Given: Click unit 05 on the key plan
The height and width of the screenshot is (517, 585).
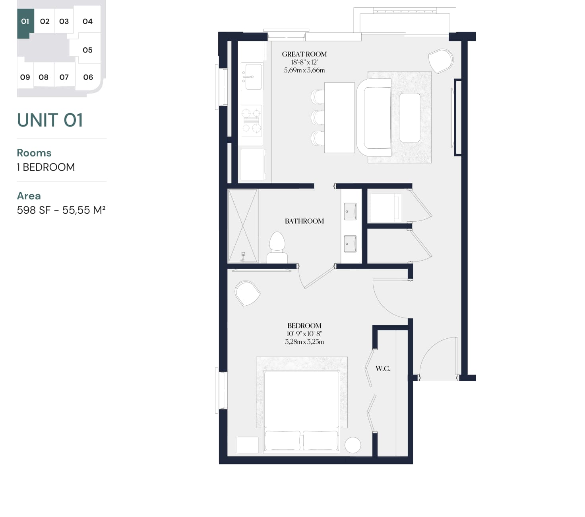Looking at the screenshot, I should tap(87, 50).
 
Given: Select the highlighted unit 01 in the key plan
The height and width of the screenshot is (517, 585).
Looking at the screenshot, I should tap(25, 21).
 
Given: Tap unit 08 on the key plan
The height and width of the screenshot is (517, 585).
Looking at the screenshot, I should tap(44, 77).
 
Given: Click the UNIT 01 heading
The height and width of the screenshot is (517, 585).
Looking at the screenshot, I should tap(50, 120).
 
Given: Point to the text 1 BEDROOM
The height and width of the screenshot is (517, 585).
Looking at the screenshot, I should tap(46, 167).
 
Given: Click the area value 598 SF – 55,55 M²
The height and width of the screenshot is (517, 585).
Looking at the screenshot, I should tap(61, 210).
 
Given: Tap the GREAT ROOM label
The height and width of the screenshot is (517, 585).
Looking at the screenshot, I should tap(304, 54).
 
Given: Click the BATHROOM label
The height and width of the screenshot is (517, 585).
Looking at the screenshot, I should tap(304, 221).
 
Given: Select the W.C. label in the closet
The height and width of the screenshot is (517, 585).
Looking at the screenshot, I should tap(383, 369).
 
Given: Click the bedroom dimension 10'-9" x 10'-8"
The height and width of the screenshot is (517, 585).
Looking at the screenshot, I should tap(304, 334).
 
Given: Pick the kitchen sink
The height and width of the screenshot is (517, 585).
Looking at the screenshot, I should tap(252, 77).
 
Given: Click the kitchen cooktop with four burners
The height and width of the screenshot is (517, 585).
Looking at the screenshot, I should tap(252, 119).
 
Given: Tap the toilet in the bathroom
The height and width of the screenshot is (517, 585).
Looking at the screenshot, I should tap(277, 247).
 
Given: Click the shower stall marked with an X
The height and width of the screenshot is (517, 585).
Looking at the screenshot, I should tap(243, 226).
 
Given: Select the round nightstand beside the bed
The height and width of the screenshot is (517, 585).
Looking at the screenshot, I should tap(353, 445).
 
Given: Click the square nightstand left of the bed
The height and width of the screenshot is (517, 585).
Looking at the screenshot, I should tap(247, 445).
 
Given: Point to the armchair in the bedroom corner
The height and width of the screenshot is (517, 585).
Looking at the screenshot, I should tap(247, 293).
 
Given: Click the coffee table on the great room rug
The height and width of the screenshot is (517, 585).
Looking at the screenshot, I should tap(410, 117).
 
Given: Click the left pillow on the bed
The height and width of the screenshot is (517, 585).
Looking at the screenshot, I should tap(283, 440).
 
